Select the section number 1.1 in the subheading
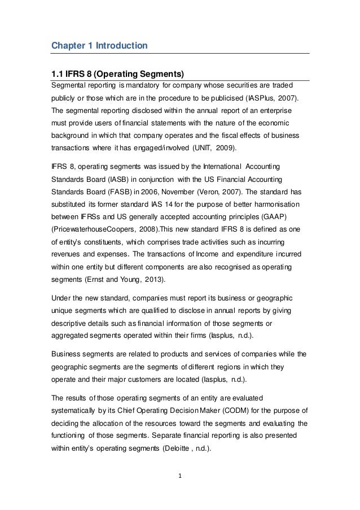58,74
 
